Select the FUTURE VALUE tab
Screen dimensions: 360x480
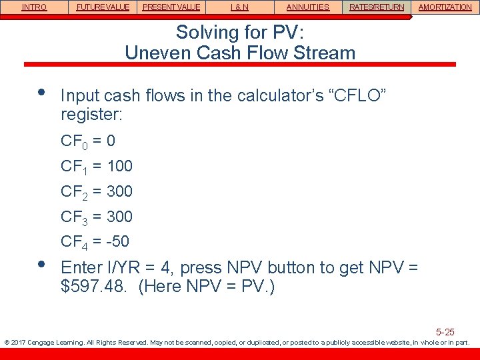coord(103,7)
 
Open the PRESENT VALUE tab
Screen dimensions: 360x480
coord(171,7)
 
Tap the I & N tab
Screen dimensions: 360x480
coord(239,7)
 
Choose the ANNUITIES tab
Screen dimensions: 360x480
coord(308,7)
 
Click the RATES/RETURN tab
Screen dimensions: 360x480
coord(377,7)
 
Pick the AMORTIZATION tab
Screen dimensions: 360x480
coord(445,7)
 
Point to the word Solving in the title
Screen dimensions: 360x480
coord(205,32)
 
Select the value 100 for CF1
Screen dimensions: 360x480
coord(119,166)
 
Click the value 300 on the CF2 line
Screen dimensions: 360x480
coord(119,191)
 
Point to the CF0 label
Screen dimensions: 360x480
coord(73,141)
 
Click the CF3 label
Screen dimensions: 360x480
coord(73,217)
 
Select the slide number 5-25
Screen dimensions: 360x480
coord(445,331)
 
